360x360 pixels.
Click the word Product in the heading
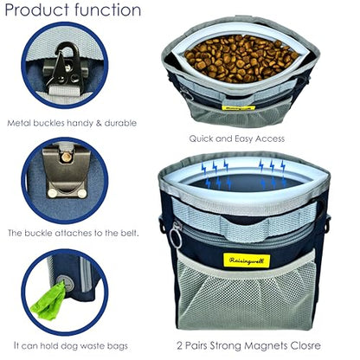pos(38,10)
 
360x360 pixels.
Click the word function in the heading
pos(108,10)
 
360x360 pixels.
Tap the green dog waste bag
pos(48,301)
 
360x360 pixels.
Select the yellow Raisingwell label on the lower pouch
pos(247,260)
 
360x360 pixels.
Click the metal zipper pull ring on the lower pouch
pos(176,236)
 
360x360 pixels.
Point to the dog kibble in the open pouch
pos(241,58)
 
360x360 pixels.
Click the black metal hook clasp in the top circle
pos(64,64)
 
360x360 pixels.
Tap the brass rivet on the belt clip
pos(67,157)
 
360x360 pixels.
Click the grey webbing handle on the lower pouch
pos(245,222)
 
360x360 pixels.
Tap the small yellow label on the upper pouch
pos(238,108)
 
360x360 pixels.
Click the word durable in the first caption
pos(120,123)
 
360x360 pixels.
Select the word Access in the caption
pos(270,138)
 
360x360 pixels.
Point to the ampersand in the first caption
pos(99,123)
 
